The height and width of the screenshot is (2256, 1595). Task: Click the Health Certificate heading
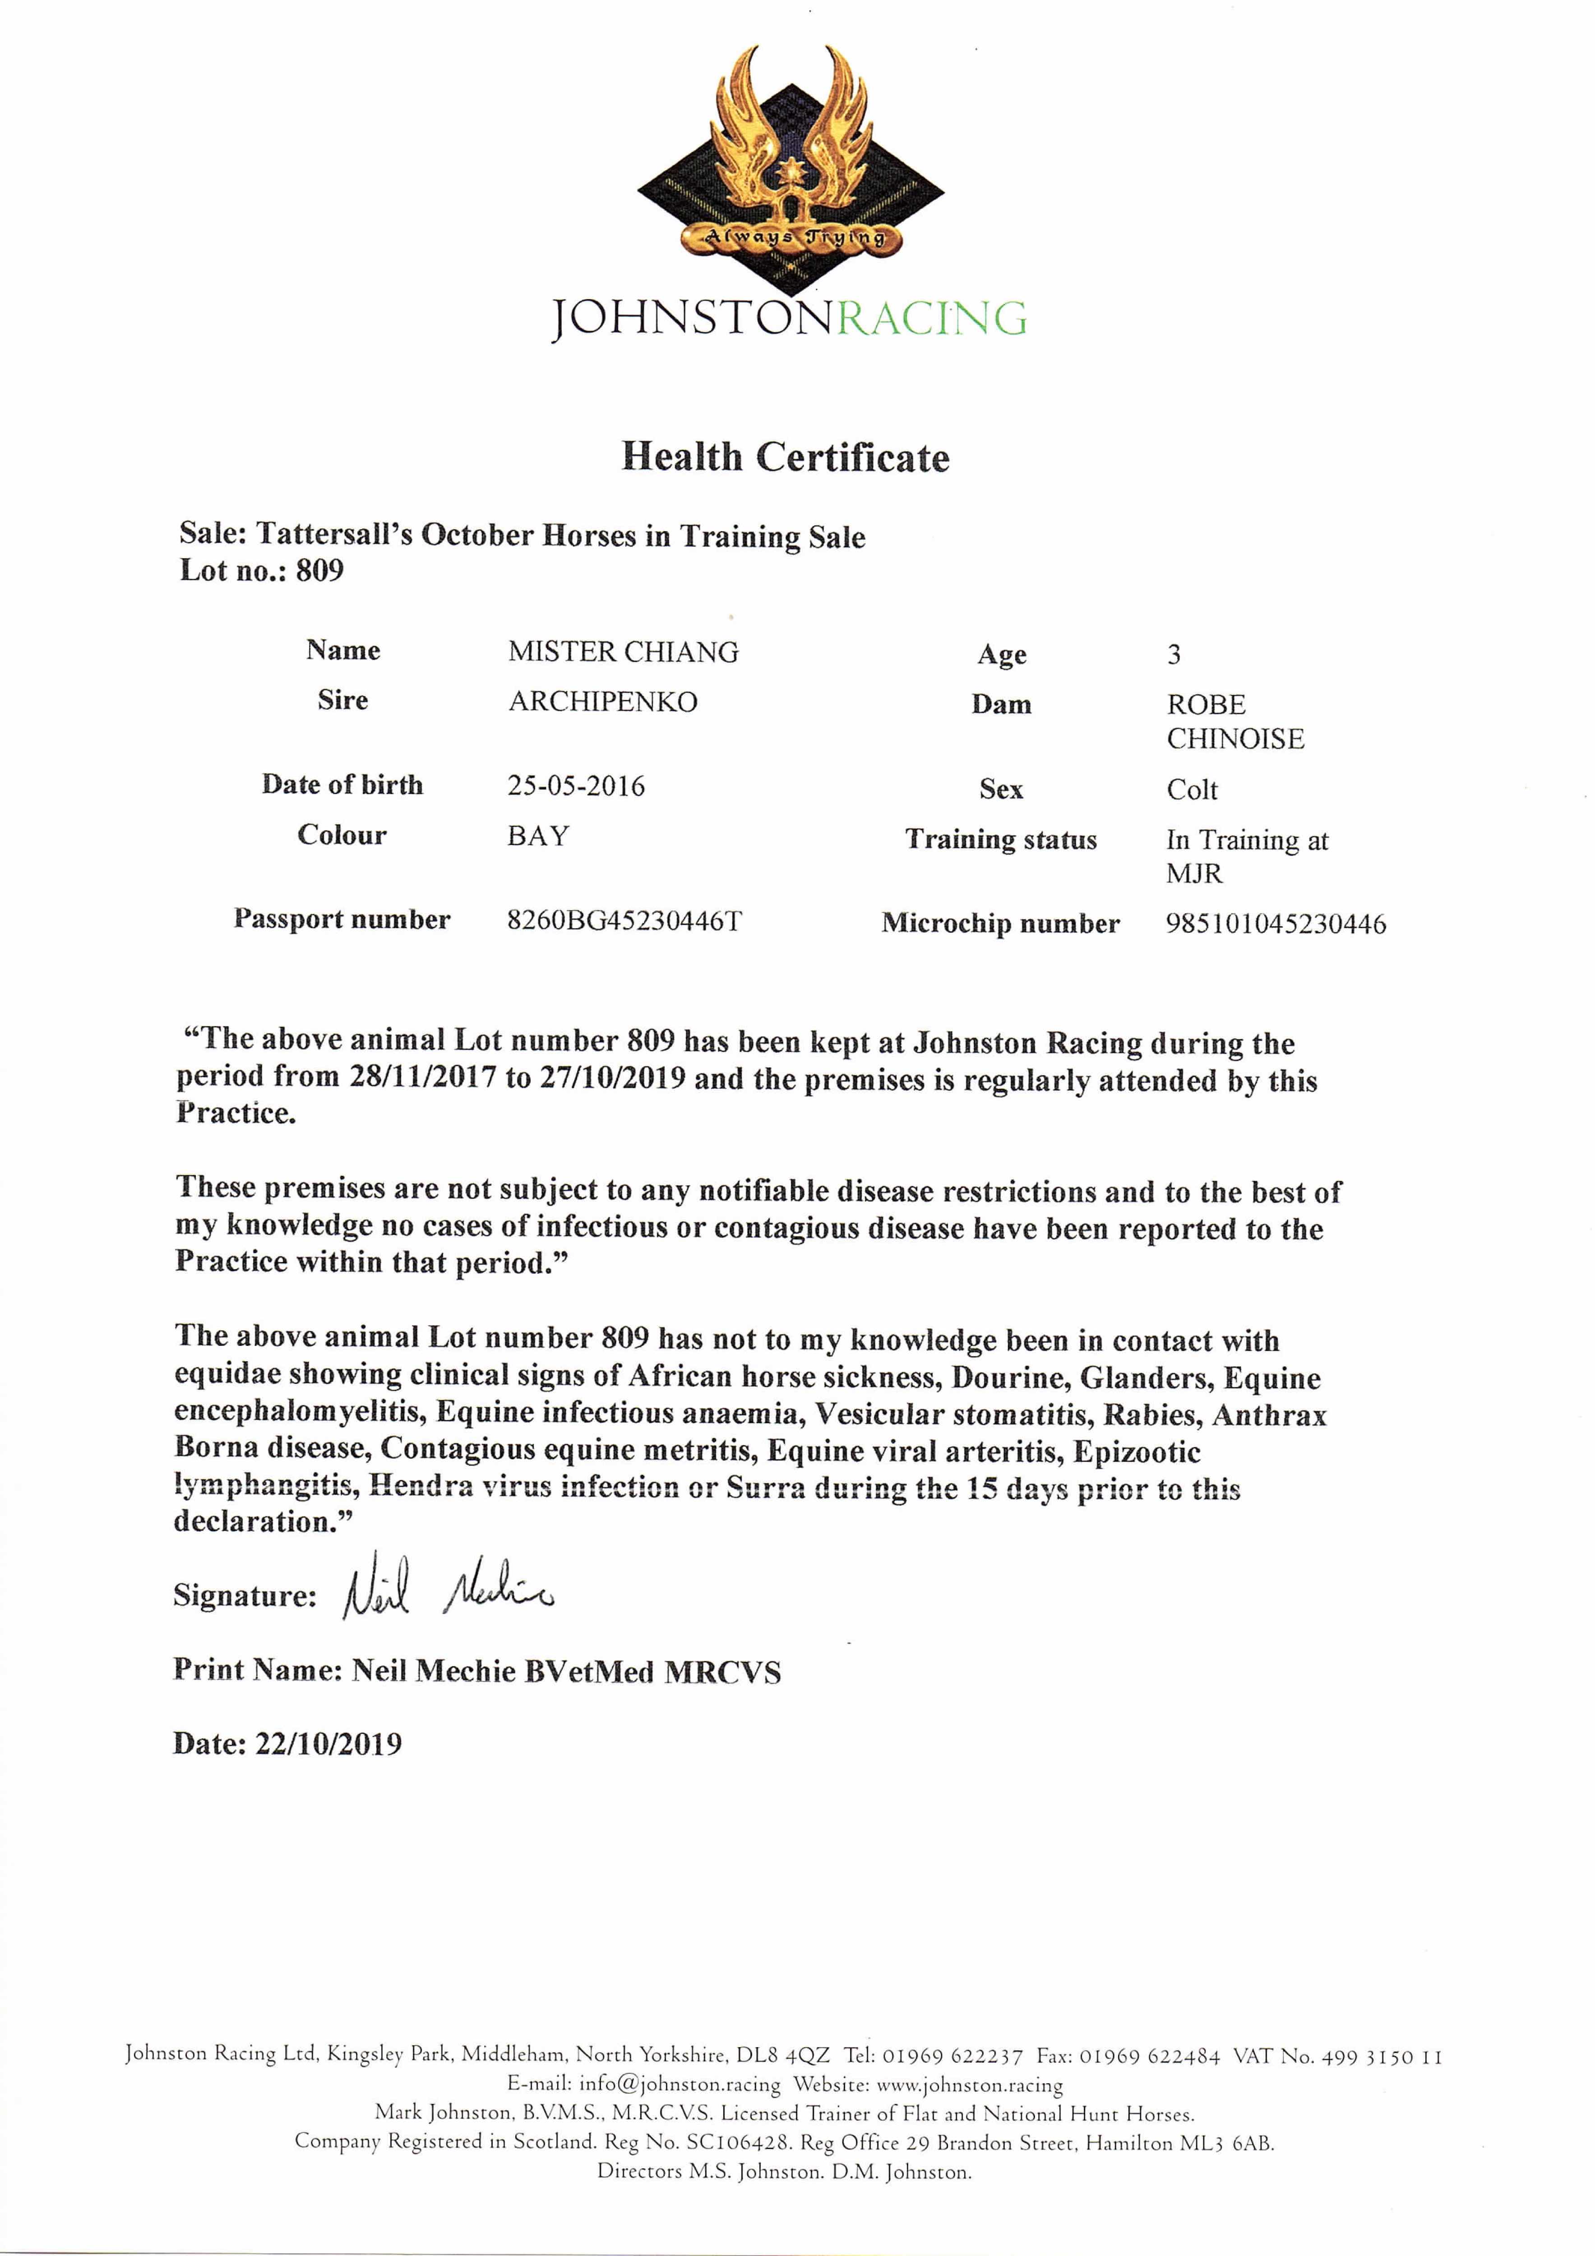pyautogui.click(x=785, y=457)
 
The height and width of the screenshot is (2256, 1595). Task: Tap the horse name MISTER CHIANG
pyautogui.click(x=623, y=652)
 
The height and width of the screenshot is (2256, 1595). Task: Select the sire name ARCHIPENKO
pyautogui.click(x=602, y=702)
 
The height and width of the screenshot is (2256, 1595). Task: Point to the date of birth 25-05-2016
pyautogui.click(x=576, y=786)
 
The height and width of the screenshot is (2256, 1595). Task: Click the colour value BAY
pyautogui.click(x=537, y=836)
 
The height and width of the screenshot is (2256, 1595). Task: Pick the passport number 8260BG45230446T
pyautogui.click(x=624, y=921)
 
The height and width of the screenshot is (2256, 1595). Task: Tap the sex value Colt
pyautogui.click(x=1191, y=790)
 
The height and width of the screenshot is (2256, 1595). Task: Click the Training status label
pyautogui.click(x=1000, y=840)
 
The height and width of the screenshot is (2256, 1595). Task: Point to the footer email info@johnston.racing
pyautogui.click(x=679, y=2084)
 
